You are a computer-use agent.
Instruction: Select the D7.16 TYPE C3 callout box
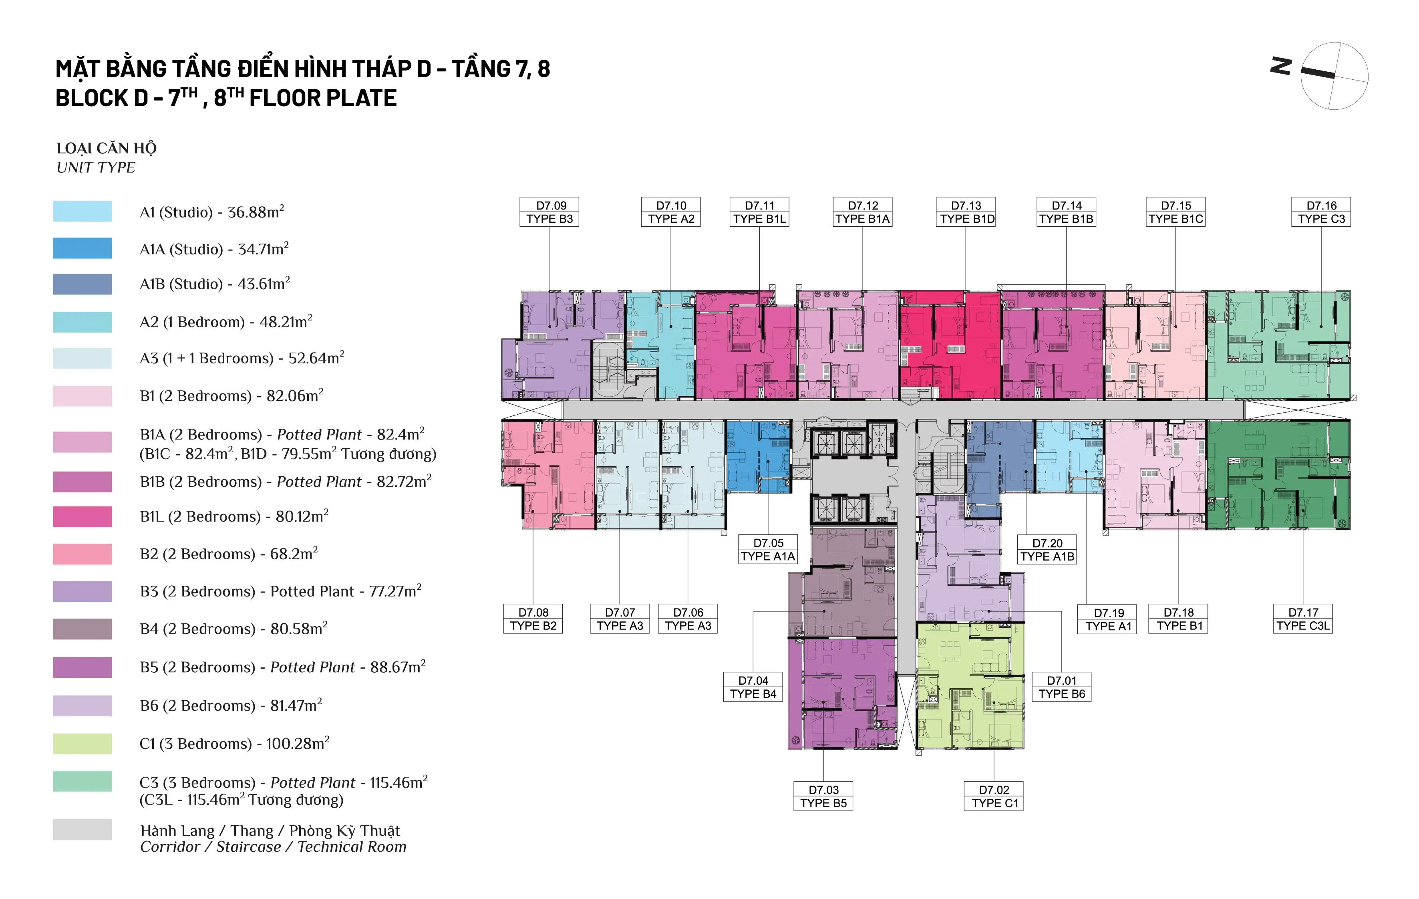[x=1321, y=212]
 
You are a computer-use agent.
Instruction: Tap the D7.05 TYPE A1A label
[x=768, y=549]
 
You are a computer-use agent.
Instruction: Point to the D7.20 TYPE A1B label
[x=1047, y=549]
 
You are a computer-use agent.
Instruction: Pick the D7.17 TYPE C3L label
[x=1303, y=619]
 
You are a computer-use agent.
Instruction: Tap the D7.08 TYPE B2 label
[x=533, y=619]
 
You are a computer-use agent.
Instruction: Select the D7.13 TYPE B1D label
[x=966, y=212]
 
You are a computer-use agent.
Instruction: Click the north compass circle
[x=1334, y=76]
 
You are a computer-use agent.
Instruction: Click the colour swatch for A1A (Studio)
[x=83, y=248]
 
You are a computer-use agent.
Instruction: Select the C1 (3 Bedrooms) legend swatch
[x=83, y=744]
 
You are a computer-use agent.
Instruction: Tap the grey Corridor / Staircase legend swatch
[x=83, y=829]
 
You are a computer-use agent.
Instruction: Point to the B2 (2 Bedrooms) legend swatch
[x=83, y=554]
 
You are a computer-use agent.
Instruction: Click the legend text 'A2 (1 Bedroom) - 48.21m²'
[x=226, y=321]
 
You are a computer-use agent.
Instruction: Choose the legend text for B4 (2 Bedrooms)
[x=234, y=629]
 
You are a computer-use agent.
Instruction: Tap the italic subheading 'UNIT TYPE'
[x=96, y=168]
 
